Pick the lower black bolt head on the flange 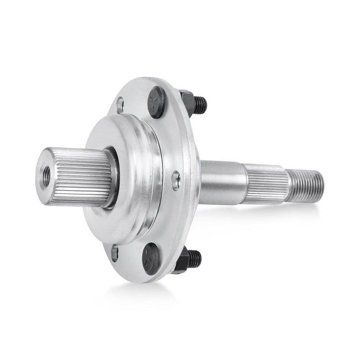[151, 258]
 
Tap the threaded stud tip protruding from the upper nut [201, 105]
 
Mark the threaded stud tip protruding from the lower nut [195, 259]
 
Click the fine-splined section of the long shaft [265, 184]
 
